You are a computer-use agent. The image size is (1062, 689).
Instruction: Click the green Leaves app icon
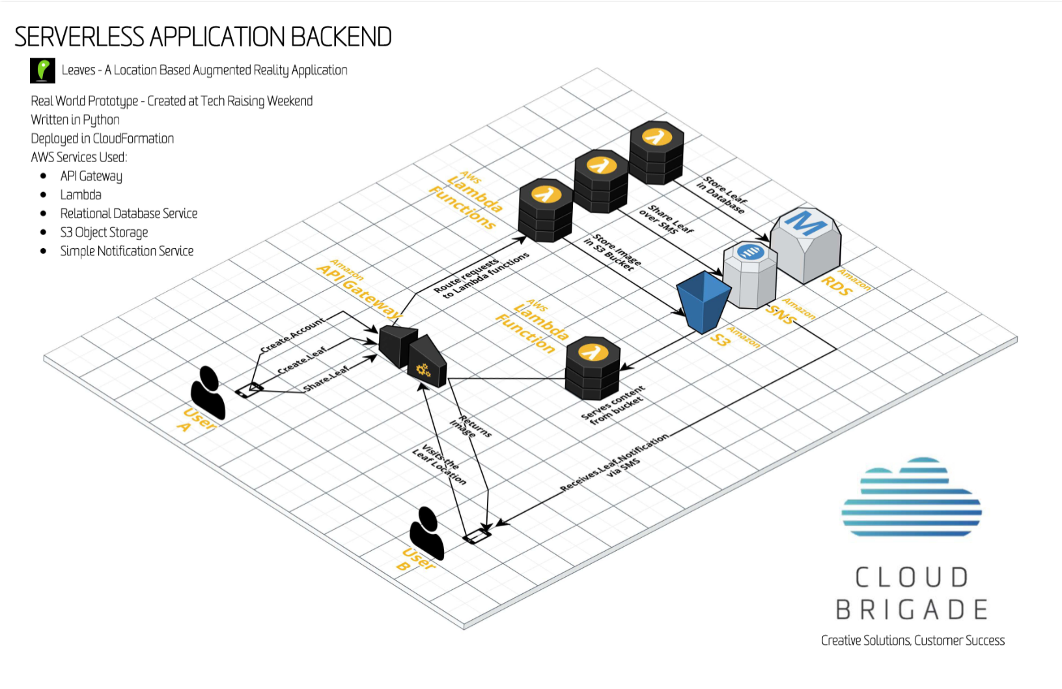[x=43, y=70]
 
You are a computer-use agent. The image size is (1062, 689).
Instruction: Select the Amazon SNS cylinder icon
[x=751, y=274]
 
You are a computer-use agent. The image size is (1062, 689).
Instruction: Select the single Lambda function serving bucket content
[x=593, y=367]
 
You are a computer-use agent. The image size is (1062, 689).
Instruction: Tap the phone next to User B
[x=477, y=535]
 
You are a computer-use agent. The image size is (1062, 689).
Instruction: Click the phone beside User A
[x=249, y=390]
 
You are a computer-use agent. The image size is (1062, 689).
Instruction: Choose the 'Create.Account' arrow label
[x=292, y=335]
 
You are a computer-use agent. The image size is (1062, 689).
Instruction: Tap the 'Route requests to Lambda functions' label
[x=481, y=274]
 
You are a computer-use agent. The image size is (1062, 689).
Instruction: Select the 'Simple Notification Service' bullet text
[x=127, y=251]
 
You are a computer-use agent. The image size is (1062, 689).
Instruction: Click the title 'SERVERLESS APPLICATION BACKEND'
[x=203, y=37]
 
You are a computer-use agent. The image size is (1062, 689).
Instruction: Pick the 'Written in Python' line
[x=76, y=120]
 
